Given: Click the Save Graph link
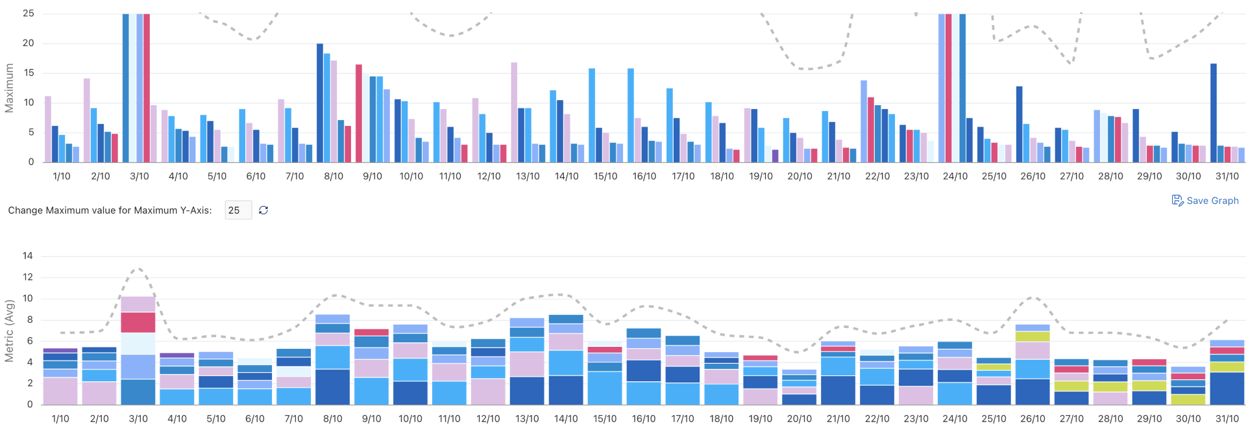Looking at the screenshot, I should coord(1205,201).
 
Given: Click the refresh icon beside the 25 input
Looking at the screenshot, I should coord(263,210).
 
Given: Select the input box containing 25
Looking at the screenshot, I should coord(238,210).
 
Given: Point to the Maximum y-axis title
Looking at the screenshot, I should coord(9,88).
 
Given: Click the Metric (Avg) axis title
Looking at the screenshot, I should coord(9,331).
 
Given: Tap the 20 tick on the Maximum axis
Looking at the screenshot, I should coord(28,44).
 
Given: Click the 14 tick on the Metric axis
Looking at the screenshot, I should coord(27,256).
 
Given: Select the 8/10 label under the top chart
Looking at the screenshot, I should coord(334,176).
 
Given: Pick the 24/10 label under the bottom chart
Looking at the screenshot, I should coord(955,419).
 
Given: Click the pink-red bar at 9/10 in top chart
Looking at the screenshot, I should coord(359,113).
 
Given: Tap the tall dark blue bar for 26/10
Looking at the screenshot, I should coord(1020,124).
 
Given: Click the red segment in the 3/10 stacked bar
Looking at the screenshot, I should coord(138,322).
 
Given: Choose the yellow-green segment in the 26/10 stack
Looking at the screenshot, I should coord(1032,336).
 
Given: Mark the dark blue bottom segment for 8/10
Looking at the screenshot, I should coord(332,387).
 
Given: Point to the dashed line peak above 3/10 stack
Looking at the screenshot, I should coord(138,268).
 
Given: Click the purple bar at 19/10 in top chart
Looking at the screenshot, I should coord(775,156).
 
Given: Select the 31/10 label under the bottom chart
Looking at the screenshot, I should coord(1227,419).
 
